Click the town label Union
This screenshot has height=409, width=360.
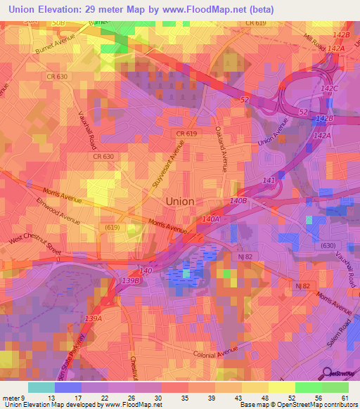tap(180, 201)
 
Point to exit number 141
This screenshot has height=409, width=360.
tap(269, 181)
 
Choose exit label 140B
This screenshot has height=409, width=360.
tap(239, 201)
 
